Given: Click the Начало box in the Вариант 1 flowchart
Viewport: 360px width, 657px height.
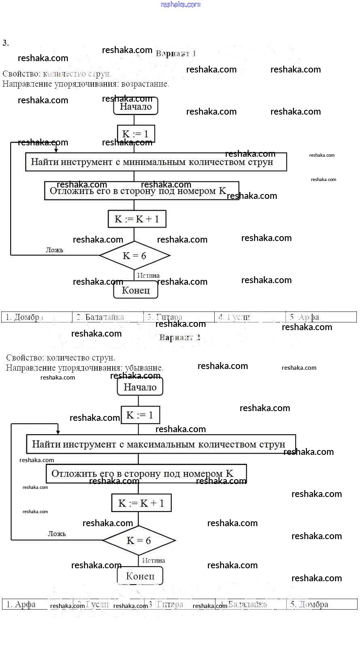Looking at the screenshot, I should tap(136, 107).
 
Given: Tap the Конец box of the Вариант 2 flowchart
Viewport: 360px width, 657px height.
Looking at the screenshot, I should tap(140, 576).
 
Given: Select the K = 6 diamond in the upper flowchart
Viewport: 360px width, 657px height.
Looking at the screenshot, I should tap(134, 256).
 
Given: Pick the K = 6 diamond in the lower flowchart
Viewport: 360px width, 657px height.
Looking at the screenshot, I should tap(139, 540).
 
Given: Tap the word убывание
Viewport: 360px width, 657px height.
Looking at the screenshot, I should tap(142, 368).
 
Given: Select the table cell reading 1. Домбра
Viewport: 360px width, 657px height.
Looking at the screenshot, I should tap(37, 317).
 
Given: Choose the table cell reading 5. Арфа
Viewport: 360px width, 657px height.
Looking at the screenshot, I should tap(321, 317).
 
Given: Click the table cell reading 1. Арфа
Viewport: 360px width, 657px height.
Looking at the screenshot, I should tap(36, 604).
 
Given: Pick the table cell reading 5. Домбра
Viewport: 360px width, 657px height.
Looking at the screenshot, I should tap(322, 604).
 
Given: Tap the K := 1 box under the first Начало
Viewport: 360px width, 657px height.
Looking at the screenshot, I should tap(136, 134).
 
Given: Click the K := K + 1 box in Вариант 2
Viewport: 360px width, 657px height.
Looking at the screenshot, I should tap(141, 503).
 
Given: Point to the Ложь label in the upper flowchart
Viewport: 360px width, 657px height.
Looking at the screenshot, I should tap(55, 250).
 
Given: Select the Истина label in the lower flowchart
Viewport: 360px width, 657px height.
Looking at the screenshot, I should tap(153, 561).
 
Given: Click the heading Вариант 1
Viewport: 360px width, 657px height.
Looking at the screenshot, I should tap(176, 53).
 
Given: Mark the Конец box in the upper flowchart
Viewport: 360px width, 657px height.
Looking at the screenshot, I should tap(136, 290).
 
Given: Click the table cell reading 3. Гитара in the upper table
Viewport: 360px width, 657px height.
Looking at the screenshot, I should tap(179, 317).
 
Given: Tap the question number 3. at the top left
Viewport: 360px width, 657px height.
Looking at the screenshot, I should tap(5, 43).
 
